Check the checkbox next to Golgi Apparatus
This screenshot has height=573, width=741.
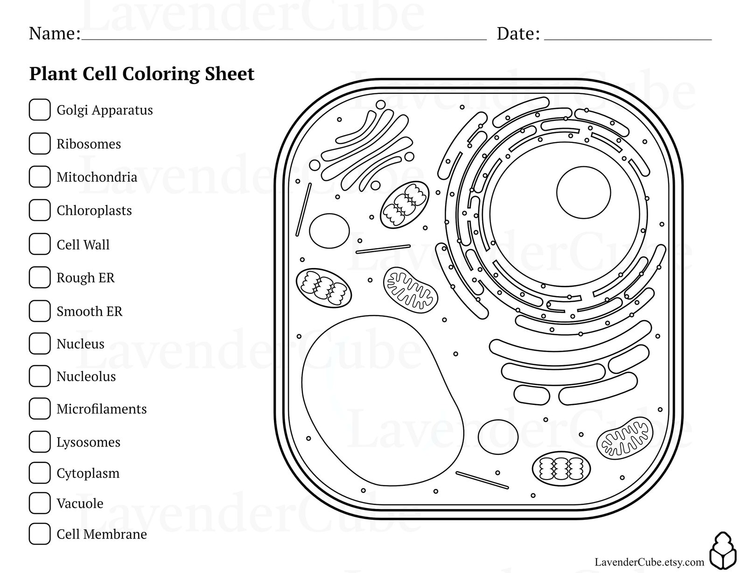tap(40, 110)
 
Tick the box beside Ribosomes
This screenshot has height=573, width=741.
tap(40, 143)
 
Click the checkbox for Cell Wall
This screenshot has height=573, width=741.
tap(40, 244)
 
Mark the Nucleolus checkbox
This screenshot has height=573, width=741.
tap(40, 376)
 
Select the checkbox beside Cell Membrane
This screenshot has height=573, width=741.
tap(40, 534)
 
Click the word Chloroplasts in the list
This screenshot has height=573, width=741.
tap(94, 211)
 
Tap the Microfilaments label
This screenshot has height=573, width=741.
tap(101, 409)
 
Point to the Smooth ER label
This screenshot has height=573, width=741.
tap(89, 311)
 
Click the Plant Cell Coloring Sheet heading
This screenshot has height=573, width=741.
tap(141, 74)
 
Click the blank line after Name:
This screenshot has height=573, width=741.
tap(284, 37)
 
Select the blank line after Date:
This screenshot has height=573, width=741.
tap(628, 37)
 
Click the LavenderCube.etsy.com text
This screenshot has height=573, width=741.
tap(649, 562)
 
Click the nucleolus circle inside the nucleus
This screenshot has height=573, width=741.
tap(583, 192)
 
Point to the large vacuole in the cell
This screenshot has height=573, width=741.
tap(380, 402)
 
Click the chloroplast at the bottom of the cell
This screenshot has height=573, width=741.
tap(561, 469)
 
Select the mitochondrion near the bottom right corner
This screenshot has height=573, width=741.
tap(625, 438)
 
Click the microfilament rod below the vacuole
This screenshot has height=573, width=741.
tap(482, 480)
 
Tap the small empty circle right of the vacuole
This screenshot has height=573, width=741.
tap(498, 437)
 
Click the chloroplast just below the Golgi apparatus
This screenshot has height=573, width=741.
tap(405, 205)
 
